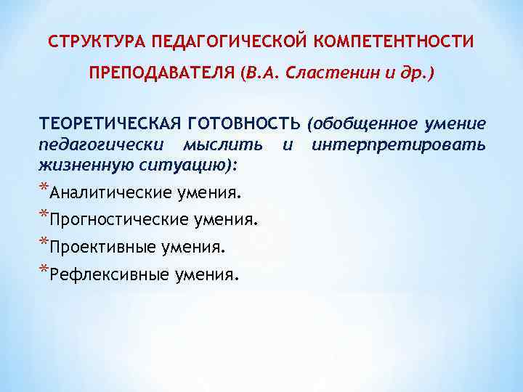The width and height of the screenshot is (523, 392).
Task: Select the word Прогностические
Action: (x=116, y=219)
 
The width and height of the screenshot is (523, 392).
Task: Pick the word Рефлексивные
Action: (x=108, y=274)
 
